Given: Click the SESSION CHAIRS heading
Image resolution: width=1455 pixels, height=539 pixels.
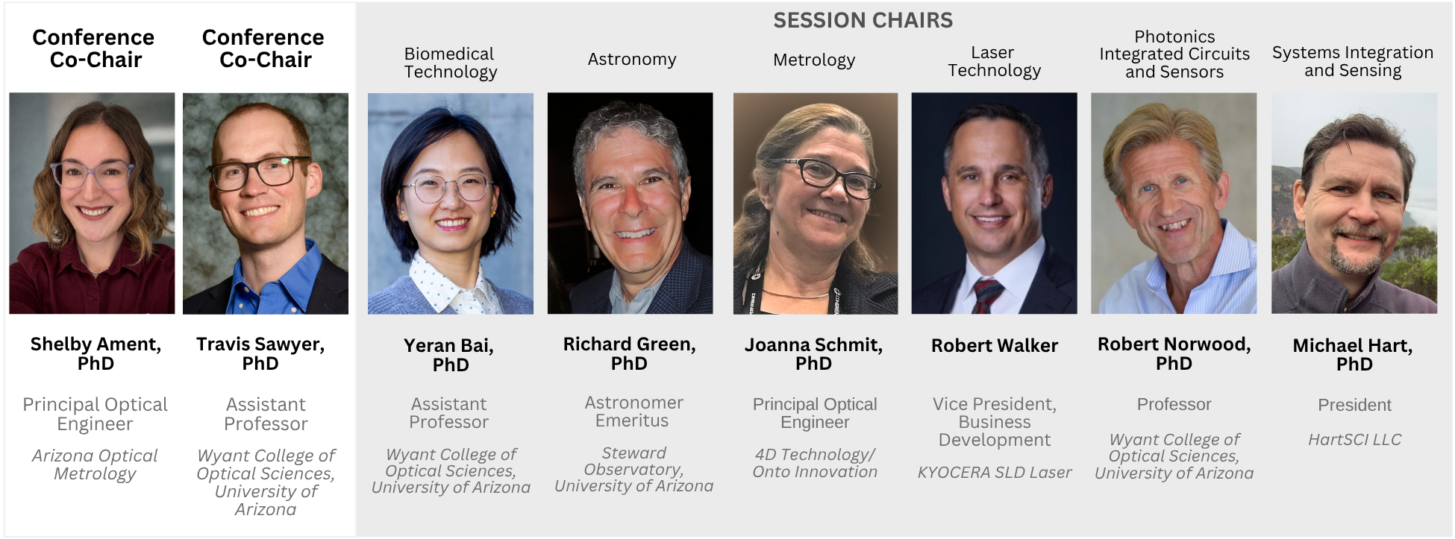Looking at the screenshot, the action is (x=863, y=20).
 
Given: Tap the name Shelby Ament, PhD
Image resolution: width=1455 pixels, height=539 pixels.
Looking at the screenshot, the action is (x=96, y=353).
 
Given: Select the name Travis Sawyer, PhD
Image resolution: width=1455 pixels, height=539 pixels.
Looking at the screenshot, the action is (x=260, y=353).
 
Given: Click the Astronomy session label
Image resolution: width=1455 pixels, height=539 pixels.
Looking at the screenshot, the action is (x=632, y=60).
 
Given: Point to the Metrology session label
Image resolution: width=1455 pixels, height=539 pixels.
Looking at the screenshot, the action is (x=814, y=60).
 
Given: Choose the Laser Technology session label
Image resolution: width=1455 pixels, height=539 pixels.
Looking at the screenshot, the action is (x=994, y=62).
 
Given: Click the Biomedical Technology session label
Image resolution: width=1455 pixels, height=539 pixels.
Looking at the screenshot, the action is (x=451, y=63).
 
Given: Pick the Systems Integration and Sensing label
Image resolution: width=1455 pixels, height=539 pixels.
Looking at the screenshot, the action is (x=1353, y=62).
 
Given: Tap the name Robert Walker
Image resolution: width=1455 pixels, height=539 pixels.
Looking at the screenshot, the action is (x=995, y=345).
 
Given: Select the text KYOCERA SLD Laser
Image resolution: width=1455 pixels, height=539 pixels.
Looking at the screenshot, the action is (x=995, y=473).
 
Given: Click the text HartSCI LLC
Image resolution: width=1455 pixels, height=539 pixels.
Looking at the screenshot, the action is (x=1354, y=440).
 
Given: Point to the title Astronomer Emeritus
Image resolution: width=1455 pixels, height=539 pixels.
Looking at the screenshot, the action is (x=633, y=412).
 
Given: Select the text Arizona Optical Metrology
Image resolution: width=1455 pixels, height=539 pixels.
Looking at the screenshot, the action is (x=95, y=464).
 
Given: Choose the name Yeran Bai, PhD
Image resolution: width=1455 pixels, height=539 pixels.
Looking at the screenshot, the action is (x=449, y=355).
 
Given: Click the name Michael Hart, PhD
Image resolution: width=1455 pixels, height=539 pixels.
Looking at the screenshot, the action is (x=1354, y=355).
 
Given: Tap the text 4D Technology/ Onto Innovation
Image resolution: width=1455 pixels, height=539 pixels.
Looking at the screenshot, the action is (x=815, y=463).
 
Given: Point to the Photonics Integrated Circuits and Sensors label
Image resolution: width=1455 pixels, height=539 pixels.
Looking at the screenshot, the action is (x=1174, y=54).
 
